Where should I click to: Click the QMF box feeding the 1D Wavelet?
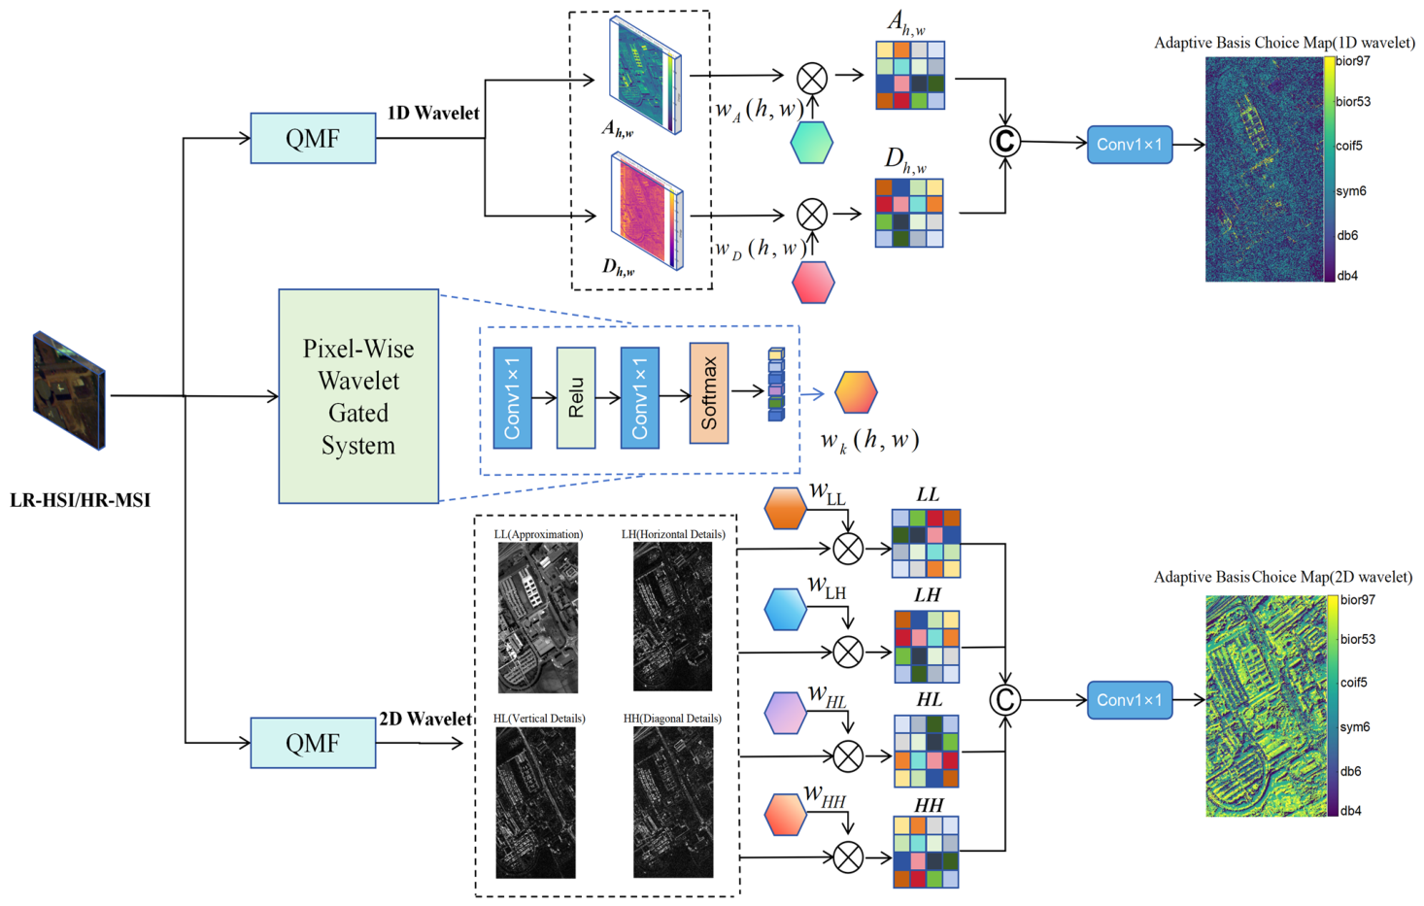(x=313, y=138)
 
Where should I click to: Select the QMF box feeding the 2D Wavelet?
(x=313, y=743)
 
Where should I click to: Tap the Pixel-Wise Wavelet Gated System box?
(x=358, y=396)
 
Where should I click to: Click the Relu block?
(x=576, y=398)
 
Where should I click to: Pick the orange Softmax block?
(x=709, y=393)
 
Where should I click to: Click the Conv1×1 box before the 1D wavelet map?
(x=1130, y=145)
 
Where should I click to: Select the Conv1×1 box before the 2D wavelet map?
(x=1130, y=700)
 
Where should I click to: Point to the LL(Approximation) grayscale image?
(x=538, y=618)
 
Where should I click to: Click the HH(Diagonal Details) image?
(x=673, y=802)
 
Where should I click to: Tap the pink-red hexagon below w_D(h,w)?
(x=813, y=282)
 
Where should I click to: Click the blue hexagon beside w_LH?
(x=785, y=609)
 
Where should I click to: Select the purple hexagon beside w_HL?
(x=785, y=713)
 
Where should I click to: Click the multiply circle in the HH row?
(x=848, y=857)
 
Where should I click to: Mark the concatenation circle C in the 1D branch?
(x=1005, y=142)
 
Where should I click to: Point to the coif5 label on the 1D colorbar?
(x=1349, y=146)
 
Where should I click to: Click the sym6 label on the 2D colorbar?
(x=1355, y=726)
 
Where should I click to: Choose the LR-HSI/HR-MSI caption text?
(x=80, y=500)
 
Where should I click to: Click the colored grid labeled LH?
(x=927, y=647)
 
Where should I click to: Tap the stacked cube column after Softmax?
(x=776, y=385)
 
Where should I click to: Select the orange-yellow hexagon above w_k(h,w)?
(x=857, y=392)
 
